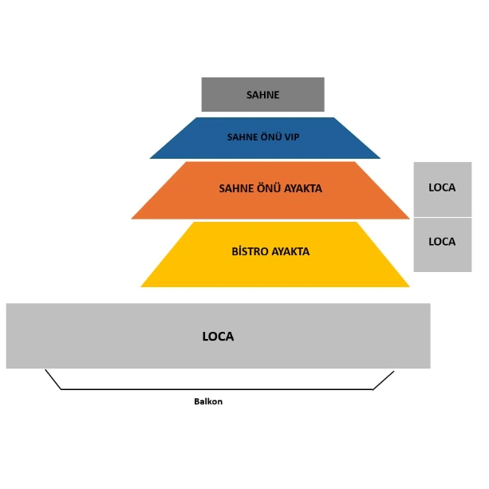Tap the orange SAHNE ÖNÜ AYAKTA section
click(270, 203)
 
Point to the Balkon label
click(208, 401)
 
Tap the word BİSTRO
click(248, 251)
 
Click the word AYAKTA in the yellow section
click(290, 251)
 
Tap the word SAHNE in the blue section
click(243, 137)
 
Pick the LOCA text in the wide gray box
click(218, 336)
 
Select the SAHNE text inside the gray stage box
click(262, 95)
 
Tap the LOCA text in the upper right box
click(442, 187)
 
